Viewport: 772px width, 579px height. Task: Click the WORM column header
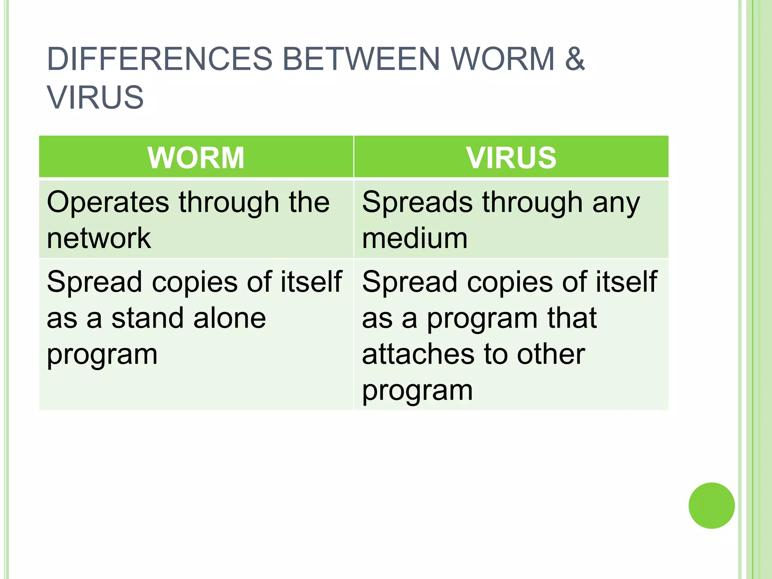pos(196,158)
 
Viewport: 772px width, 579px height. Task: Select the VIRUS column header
pos(511,158)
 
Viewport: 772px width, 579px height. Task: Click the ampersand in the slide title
pos(575,59)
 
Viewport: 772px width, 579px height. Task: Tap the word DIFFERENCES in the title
pos(159,59)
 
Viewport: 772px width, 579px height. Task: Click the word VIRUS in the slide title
pos(95,98)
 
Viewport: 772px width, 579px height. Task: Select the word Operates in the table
pos(108,203)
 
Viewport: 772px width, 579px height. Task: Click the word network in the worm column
pos(99,238)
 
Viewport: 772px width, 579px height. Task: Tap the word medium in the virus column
pos(415,238)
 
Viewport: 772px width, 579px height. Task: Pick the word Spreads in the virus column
pos(417,203)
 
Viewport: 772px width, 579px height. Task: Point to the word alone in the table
pos(230,318)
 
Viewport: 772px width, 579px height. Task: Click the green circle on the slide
pos(711,505)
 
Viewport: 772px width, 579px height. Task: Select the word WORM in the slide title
pos(502,59)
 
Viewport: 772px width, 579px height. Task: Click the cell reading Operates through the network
pos(196,220)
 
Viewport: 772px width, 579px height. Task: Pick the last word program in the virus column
pos(417,391)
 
